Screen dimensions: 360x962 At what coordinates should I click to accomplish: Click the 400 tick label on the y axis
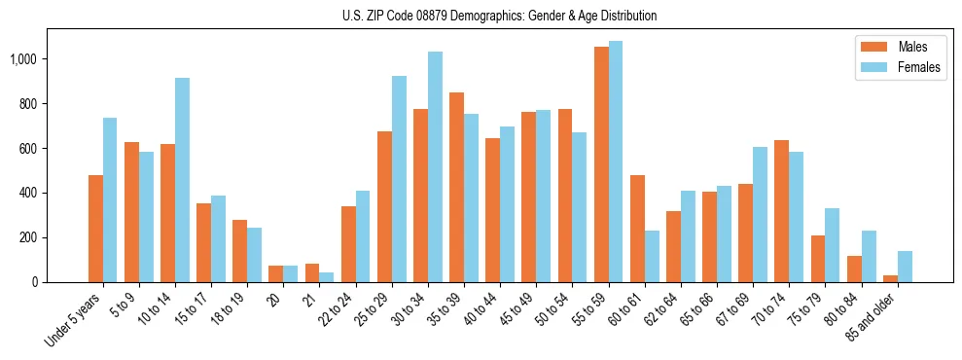pos(27,193)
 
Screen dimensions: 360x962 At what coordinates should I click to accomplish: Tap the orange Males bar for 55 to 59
pos(601,164)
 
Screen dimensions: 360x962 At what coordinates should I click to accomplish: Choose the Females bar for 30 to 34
pos(435,166)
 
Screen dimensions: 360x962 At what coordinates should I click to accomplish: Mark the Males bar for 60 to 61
pos(637,229)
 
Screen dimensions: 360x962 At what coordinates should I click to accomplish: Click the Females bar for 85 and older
pos(905,267)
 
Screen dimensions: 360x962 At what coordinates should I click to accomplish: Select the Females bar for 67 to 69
pos(760,215)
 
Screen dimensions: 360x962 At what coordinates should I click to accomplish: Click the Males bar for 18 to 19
pos(239,251)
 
